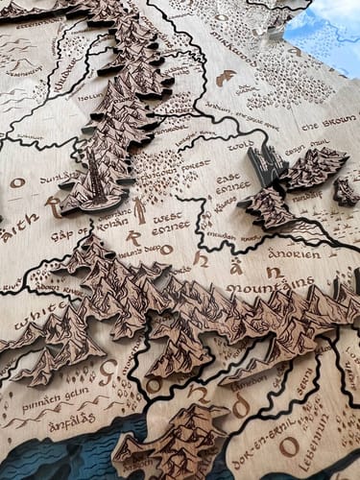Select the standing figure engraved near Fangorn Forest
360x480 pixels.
[140, 209]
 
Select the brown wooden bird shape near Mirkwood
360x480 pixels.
[225, 78]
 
